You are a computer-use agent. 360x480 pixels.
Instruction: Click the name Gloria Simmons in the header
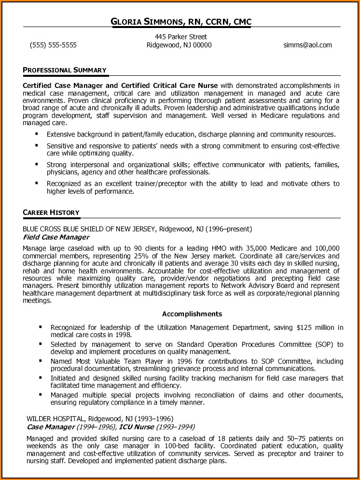tap(148, 22)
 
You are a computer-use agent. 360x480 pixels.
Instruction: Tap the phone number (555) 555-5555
tap(53, 45)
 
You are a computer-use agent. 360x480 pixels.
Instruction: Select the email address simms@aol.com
tap(308, 45)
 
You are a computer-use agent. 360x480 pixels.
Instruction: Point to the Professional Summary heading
tap(65, 71)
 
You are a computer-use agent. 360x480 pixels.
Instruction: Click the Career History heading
tap(51, 213)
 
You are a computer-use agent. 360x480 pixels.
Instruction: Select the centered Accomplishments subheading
tap(192, 314)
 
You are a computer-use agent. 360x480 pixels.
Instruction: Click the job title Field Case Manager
tap(56, 238)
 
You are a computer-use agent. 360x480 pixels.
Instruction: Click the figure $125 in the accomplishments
tap(305, 327)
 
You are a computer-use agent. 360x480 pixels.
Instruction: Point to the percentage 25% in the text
tap(144, 256)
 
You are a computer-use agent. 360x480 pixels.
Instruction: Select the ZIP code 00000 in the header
tap(202, 45)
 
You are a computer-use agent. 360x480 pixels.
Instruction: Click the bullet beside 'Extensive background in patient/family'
tap(37, 134)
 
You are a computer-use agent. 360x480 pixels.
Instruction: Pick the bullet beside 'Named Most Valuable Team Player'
tap(41, 361)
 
